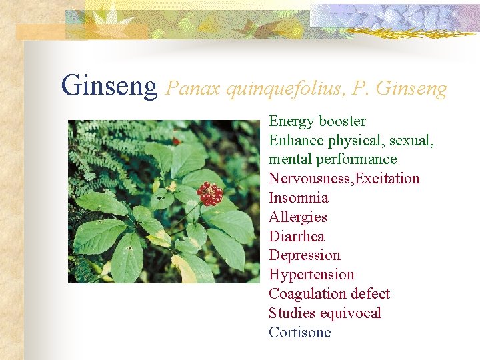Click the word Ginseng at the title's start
point(109,86)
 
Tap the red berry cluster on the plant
point(210,193)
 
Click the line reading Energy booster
point(317,121)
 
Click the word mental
point(289,159)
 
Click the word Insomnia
point(298,198)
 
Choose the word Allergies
point(298,217)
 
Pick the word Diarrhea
point(297,237)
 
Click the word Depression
point(305,255)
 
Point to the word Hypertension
point(311,275)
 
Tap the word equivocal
point(351,313)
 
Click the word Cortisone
point(299,333)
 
